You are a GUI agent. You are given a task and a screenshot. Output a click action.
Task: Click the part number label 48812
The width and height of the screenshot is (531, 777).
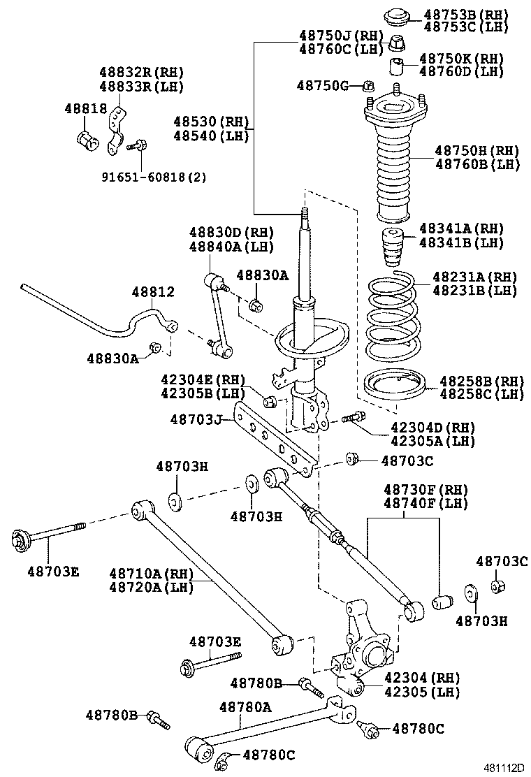pyautogui.click(x=151, y=292)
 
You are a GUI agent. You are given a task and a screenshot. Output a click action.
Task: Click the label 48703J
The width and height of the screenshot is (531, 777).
pyautogui.click(x=196, y=420)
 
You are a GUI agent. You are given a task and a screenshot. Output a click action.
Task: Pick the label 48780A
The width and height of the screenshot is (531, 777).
pyautogui.click(x=245, y=706)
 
